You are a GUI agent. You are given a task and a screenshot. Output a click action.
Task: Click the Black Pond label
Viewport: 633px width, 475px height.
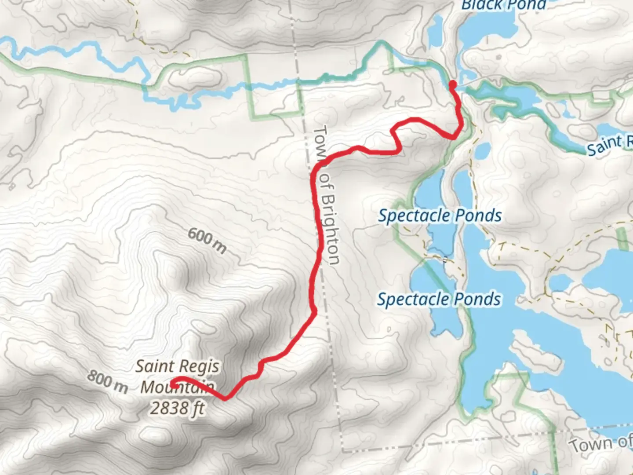[x=503, y=5]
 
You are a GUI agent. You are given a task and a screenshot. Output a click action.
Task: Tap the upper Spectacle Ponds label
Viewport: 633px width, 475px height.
[x=440, y=216]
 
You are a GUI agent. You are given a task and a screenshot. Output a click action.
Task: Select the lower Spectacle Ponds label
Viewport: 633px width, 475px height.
[x=439, y=300]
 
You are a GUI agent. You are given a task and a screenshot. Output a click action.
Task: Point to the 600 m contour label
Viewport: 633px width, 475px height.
[x=207, y=241]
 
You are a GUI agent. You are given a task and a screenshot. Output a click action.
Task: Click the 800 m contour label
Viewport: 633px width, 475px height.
[x=107, y=381]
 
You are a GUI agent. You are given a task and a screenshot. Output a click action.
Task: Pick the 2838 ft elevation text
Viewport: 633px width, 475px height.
[x=177, y=408]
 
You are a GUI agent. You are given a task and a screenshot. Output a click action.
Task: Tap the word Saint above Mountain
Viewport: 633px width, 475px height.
[x=152, y=366]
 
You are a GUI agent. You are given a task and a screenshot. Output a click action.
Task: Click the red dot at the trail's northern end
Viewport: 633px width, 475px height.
[x=452, y=84]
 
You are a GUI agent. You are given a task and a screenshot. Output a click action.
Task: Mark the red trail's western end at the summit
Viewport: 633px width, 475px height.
[x=172, y=384]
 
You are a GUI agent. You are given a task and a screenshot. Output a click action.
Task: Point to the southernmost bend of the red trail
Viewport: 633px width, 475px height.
[x=226, y=398]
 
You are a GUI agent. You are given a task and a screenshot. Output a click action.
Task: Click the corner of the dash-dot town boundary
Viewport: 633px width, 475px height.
[x=343, y=451]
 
